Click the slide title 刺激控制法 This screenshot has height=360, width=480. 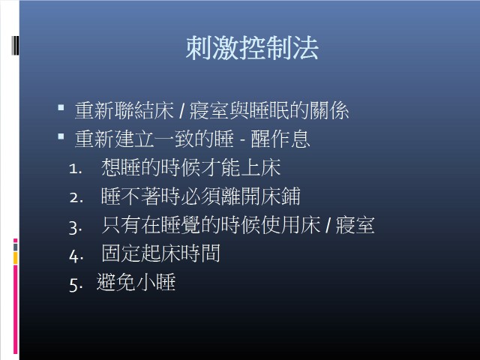tap(252, 48)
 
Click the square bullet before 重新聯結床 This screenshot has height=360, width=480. tap(61, 107)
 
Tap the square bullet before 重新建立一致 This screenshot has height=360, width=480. tap(61, 136)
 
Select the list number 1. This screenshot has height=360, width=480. tap(75, 169)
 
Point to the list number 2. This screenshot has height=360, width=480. tap(76, 198)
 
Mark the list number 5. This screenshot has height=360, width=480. tap(76, 285)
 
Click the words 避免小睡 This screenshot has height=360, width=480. tap(136, 282)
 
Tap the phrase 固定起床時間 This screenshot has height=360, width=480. tap(160, 253)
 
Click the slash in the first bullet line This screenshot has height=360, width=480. tap(181, 111)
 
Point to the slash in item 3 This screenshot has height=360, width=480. tap(328, 226)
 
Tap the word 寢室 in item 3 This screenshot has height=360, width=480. tap(355, 225)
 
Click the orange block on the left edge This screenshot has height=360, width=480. tap(15, 258)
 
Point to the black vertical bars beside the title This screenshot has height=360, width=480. tap(15, 46)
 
